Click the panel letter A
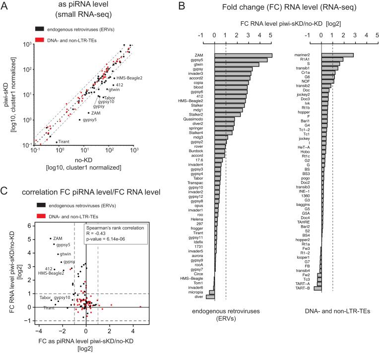(4, 5)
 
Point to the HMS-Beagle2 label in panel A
(129, 78)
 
